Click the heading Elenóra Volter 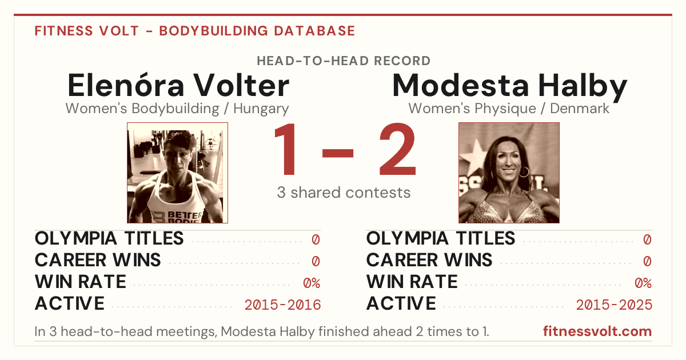(x=178, y=85)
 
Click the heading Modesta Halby (x=509, y=86)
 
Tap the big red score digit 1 (x=286, y=149)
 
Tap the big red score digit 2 (x=397, y=149)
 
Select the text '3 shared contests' (x=344, y=193)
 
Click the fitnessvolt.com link (x=597, y=331)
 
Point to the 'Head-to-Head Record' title (x=344, y=61)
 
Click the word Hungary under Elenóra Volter (x=261, y=109)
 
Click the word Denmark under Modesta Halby (x=580, y=109)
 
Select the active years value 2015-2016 (x=282, y=305)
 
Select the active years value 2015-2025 (x=614, y=305)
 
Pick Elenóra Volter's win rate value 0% (x=312, y=283)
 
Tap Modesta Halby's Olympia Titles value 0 (x=647, y=239)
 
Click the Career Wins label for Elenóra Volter (x=98, y=260)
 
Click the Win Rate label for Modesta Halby (x=412, y=282)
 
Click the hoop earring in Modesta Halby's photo (x=524, y=172)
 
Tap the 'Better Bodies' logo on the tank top (x=178, y=217)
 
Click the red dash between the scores (x=338, y=153)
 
